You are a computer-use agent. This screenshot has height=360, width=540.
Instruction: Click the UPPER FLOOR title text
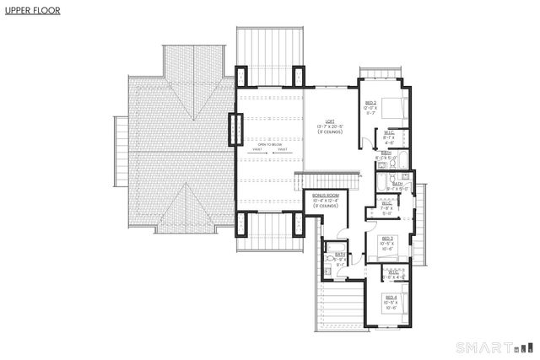click(28, 13)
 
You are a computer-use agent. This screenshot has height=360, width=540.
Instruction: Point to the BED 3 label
click(386, 239)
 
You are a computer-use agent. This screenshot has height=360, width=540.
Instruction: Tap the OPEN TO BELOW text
click(268, 145)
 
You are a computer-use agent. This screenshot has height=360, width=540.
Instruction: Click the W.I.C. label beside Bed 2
click(389, 132)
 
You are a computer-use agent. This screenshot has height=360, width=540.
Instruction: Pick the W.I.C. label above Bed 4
click(393, 271)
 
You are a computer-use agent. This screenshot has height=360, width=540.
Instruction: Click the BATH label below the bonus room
click(339, 254)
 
